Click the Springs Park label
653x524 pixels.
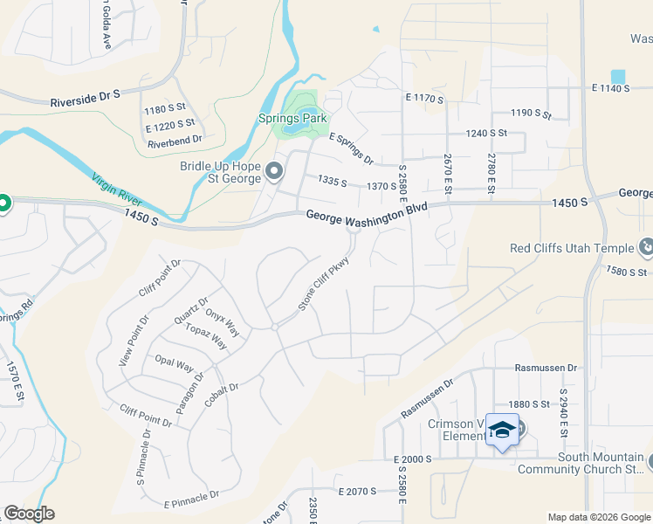pos(292,118)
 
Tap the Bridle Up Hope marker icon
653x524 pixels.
pos(275,171)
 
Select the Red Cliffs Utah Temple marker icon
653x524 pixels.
pos(645,248)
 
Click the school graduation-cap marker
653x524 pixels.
pos(503,430)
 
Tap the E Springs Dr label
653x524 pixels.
pos(350,149)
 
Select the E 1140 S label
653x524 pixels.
pos(610,88)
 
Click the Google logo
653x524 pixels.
pos(29,514)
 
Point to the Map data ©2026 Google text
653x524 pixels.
pos(598,517)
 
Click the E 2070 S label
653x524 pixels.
pos(354,492)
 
